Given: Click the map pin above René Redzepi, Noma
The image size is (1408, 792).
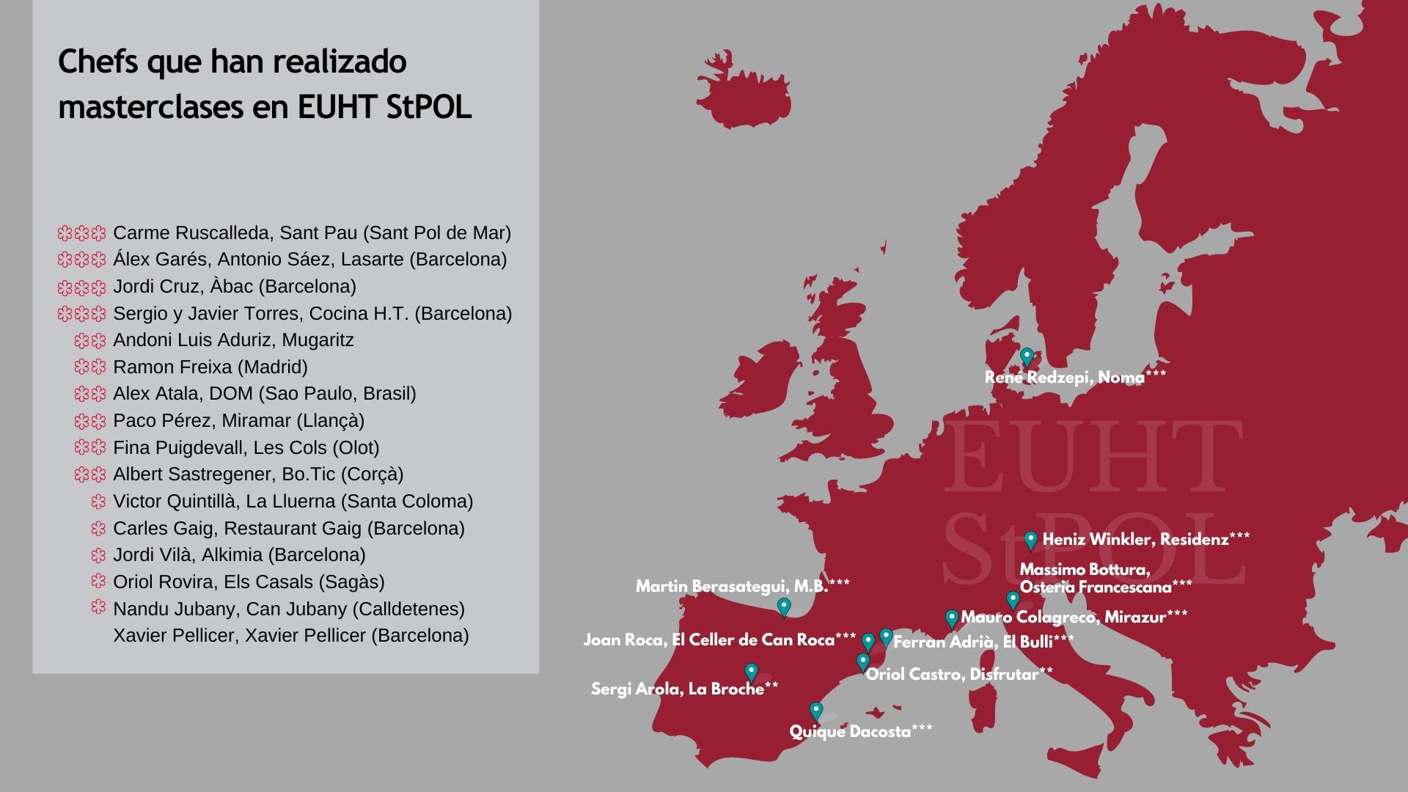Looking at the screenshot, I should [x=1027, y=357].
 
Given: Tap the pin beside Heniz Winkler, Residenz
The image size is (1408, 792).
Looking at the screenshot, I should [x=1030, y=540].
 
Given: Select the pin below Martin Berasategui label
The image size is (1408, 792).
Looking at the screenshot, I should [x=784, y=607].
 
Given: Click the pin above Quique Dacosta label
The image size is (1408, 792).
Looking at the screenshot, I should [x=815, y=711].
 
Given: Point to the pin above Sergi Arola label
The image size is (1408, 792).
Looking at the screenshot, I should [x=751, y=672].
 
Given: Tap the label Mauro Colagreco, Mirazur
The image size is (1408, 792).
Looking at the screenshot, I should [x=1074, y=617].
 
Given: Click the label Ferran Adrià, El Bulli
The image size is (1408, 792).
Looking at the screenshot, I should [x=983, y=642].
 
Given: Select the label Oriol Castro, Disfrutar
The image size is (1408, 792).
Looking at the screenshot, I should [x=959, y=674].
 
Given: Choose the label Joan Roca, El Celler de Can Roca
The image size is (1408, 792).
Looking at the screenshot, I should [x=719, y=640].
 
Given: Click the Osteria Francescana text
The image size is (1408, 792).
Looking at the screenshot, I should [x=1106, y=587].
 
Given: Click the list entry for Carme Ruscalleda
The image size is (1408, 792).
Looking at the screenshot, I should [x=312, y=233].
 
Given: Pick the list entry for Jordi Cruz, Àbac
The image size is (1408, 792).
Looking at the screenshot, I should [x=235, y=287].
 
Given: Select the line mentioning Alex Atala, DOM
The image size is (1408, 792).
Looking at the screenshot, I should [x=265, y=394].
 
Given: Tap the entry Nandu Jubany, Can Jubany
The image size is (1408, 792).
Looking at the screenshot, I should [x=289, y=609].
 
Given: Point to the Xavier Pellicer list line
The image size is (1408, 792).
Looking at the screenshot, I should [x=291, y=635].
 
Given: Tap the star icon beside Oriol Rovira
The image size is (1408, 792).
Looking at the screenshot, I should [x=98, y=582].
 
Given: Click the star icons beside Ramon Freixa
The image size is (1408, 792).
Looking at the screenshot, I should [x=90, y=367].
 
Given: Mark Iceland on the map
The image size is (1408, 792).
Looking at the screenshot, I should [x=744, y=92].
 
